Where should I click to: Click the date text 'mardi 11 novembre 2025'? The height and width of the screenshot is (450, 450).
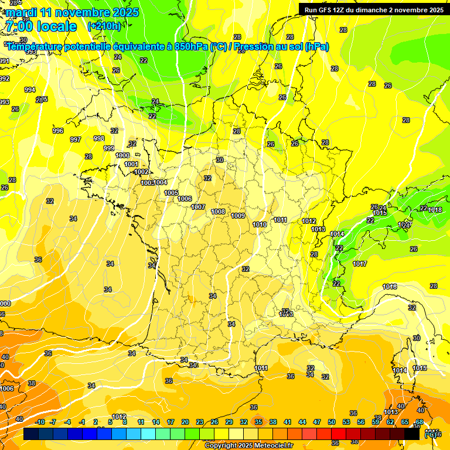(x=73, y=12)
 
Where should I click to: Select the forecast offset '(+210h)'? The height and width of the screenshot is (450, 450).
(x=104, y=26)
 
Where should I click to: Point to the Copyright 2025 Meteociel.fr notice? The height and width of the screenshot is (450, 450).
(x=250, y=445)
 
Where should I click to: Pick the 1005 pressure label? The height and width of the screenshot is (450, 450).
(x=171, y=193)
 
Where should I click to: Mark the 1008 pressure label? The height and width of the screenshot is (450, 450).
(x=218, y=212)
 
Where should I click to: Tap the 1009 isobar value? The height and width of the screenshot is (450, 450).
(x=238, y=216)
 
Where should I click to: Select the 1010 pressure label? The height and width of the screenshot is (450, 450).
(x=260, y=224)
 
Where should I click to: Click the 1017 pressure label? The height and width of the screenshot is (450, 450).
(x=360, y=264)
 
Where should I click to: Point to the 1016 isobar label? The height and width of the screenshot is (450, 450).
(x=390, y=287)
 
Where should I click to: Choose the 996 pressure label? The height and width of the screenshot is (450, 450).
(x=57, y=131)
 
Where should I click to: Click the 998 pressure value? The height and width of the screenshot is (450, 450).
(x=99, y=138)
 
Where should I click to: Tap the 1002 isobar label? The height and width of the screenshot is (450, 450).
(x=141, y=172)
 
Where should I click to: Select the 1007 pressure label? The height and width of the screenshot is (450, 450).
(x=198, y=207)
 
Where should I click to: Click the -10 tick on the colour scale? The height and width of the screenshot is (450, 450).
(x=40, y=422)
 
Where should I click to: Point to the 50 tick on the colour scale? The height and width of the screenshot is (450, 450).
(x=332, y=422)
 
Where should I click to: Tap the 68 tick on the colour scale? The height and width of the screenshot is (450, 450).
(x=420, y=422)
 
